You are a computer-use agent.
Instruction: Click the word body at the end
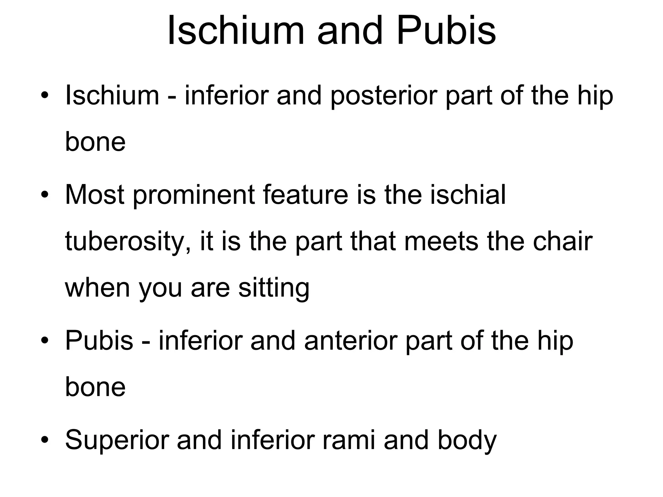[x=467, y=441]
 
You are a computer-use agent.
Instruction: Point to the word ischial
[x=467, y=195]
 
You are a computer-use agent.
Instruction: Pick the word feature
[x=305, y=195]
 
